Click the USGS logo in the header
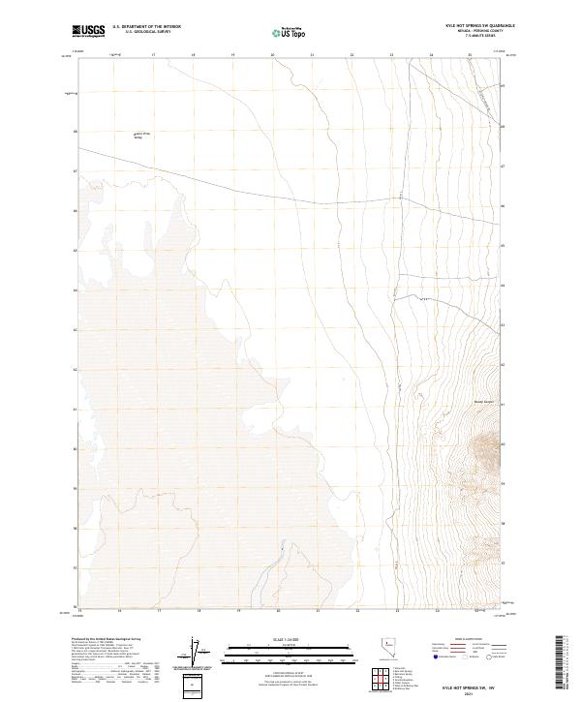click(x=89, y=31)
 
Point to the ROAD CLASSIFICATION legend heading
click(x=470, y=641)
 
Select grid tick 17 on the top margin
click(x=153, y=55)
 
